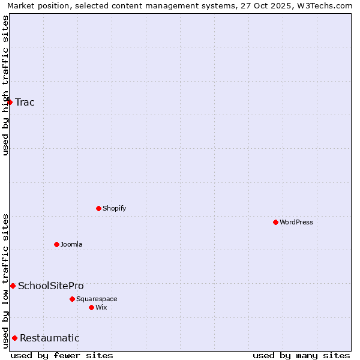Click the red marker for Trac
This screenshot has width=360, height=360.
click(10, 102)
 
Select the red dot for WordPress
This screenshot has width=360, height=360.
click(275, 222)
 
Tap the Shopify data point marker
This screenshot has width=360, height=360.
click(98, 208)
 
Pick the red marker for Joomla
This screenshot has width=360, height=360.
click(56, 244)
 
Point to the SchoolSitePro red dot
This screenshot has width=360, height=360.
click(13, 286)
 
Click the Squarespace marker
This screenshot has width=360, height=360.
click(72, 299)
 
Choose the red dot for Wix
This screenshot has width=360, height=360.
click(91, 307)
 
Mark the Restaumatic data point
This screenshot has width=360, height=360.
click(14, 338)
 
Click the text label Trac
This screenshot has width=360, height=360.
click(25, 102)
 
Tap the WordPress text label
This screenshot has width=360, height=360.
click(296, 222)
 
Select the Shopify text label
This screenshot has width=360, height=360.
click(114, 208)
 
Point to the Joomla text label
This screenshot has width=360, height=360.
click(71, 244)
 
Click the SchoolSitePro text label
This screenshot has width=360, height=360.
click(51, 286)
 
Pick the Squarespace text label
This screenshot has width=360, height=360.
click(97, 299)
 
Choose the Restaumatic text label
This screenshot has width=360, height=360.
click(50, 338)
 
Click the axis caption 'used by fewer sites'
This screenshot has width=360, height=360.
click(62, 355)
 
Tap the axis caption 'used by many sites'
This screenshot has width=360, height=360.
click(301, 355)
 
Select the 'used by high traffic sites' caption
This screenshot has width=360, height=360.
click(5, 85)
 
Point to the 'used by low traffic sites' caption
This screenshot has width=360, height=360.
click(5, 280)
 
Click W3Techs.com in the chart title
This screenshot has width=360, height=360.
click(326, 6)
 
